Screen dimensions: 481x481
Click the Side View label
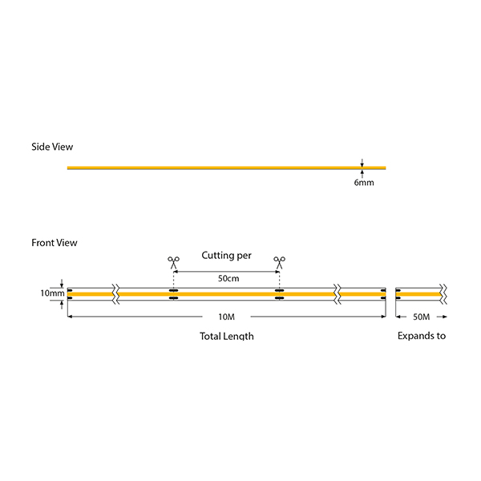point(52,147)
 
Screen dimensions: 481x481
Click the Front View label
point(55,242)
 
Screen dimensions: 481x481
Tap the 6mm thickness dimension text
point(363,183)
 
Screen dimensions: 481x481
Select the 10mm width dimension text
point(52,293)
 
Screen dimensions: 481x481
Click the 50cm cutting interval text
point(228,278)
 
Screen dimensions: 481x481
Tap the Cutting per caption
point(226,256)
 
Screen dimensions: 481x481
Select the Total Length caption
point(227,337)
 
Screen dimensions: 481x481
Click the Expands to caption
point(422,336)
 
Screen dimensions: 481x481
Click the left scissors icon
point(173,261)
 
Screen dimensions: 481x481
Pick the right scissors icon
point(279,261)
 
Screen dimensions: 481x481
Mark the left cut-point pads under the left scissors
point(173,294)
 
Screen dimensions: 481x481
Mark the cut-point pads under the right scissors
point(279,294)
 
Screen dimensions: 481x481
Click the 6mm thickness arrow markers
point(362,168)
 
